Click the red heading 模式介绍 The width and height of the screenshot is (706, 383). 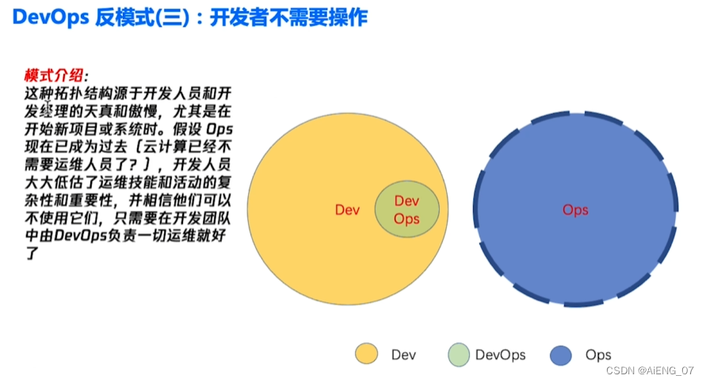[x=54, y=76]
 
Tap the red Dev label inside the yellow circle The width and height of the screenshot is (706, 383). [x=348, y=210]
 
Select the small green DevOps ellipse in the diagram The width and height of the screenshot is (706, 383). [x=406, y=209]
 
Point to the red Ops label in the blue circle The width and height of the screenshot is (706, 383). [x=575, y=210]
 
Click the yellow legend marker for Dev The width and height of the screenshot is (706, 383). [x=366, y=355]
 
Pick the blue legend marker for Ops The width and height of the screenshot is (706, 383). [x=561, y=355]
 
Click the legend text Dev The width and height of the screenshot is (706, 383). [x=403, y=355]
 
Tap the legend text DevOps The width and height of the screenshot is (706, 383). [x=501, y=355]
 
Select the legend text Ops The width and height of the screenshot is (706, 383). [x=598, y=355]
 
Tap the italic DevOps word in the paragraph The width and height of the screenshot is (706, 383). [x=91, y=236]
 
